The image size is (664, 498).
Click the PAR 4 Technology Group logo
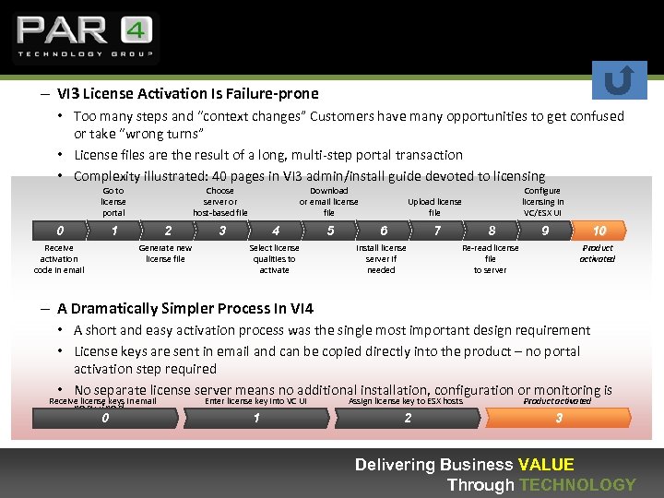(x=84, y=37)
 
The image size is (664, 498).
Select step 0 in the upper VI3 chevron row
(x=60, y=231)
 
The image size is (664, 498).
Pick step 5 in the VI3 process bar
(x=330, y=231)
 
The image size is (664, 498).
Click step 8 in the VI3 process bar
(x=492, y=231)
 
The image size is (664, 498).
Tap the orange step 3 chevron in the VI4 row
(x=558, y=418)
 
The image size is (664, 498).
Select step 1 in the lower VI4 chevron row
(x=256, y=418)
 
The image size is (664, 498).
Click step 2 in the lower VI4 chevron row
(x=408, y=418)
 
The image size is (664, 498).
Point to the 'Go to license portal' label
(x=113, y=201)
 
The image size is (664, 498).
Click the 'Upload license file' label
(x=434, y=207)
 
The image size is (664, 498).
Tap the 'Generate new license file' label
(x=165, y=253)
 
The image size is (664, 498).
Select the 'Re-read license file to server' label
(x=490, y=258)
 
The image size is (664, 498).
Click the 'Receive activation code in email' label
(x=59, y=258)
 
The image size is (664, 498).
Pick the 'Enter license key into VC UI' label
(x=255, y=400)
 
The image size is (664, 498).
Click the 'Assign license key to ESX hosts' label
(x=406, y=400)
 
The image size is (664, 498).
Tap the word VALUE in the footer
(x=546, y=465)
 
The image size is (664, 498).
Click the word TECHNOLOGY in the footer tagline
(x=577, y=484)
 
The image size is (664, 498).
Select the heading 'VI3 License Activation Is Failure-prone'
(x=187, y=93)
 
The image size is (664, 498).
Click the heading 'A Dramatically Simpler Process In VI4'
(x=185, y=308)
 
